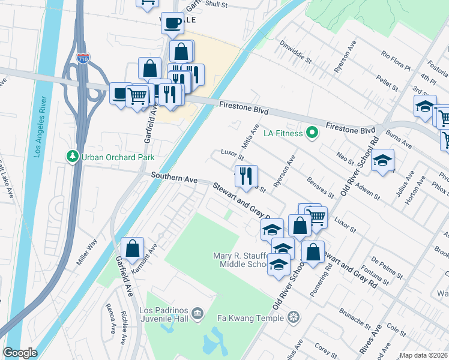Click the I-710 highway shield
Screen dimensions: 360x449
tap(83, 59)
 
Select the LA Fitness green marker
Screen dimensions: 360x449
tap(312, 133)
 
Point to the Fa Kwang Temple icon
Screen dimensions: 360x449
tap(294, 317)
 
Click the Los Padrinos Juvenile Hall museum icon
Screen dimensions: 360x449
tap(197, 313)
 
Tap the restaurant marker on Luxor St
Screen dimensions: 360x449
tap(246, 175)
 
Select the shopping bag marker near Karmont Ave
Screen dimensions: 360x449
tap(132, 247)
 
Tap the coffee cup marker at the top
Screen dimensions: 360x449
tap(173, 22)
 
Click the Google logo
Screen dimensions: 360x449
tap(20, 353)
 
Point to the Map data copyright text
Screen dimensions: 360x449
tap(423, 355)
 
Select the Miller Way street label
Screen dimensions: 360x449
tap(87, 253)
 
